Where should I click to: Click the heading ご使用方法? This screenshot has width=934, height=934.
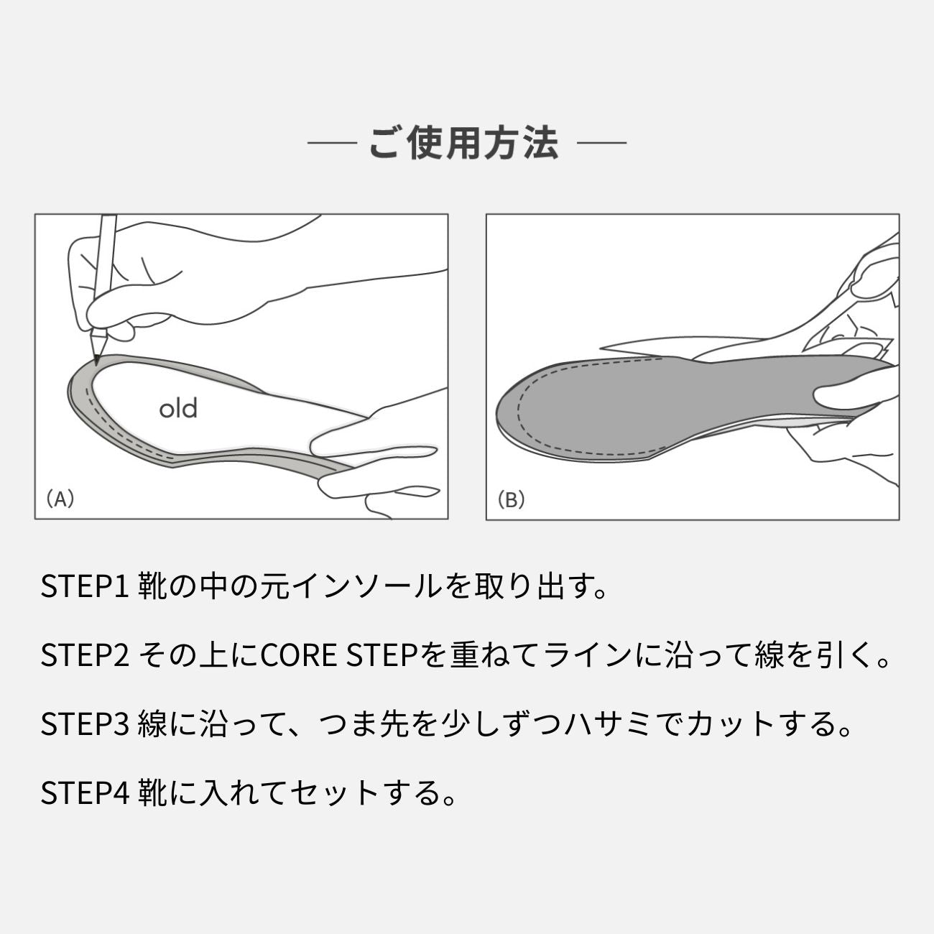463,143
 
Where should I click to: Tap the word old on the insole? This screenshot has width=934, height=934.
178,409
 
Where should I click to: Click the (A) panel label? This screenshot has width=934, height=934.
60,499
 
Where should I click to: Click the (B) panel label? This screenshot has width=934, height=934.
511,499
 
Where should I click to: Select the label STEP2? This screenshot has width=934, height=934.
85,655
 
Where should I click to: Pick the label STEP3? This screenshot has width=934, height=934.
85,724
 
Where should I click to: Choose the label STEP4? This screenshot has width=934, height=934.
85,793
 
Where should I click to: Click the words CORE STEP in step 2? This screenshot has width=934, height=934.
338,655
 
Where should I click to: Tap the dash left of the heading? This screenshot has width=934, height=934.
332,144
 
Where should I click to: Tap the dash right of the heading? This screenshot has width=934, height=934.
601,144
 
